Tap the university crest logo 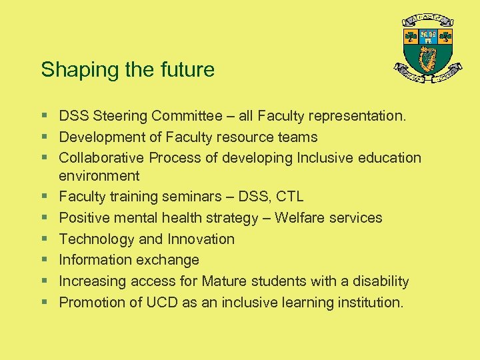(427, 49)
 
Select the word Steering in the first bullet (121, 116)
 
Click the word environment (99, 176)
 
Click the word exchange (169, 260)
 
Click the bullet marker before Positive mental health (44, 218)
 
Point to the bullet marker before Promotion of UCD (44, 303)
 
